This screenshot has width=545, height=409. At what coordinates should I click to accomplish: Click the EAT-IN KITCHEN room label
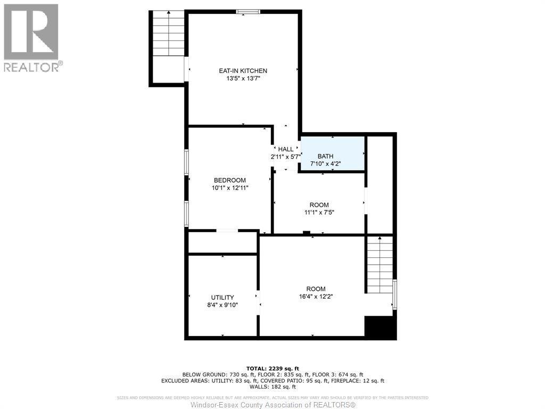click(x=243, y=71)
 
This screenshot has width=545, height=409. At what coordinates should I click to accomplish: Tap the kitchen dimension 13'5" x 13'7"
click(x=243, y=79)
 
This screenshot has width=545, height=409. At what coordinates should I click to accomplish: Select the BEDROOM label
click(x=229, y=180)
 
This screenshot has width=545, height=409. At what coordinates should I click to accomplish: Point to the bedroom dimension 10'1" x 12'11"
click(x=229, y=188)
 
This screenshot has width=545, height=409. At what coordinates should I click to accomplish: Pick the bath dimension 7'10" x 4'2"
click(x=325, y=164)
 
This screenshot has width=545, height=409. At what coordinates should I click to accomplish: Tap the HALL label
click(x=286, y=149)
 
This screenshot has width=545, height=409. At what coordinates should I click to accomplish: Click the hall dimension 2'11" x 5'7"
click(x=286, y=157)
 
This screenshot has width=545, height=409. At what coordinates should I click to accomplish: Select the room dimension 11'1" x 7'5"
click(x=319, y=212)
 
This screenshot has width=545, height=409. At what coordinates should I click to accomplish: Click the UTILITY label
click(x=222, y=297)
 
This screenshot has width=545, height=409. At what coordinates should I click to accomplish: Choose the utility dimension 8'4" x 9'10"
click(x=222, y=306)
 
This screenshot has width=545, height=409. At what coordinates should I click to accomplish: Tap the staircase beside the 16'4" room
click(x=379, y=264)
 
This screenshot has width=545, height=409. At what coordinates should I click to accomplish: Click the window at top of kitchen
click(x=248, y=11)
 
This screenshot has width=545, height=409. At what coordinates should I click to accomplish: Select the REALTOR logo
click(x=31, y=38)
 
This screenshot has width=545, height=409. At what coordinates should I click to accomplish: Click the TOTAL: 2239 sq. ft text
click(x=272, y=368)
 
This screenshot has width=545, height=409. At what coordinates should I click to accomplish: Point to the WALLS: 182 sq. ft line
click(x=272, y=387)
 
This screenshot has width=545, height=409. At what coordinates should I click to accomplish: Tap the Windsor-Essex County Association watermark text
click(x=272, y=405)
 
